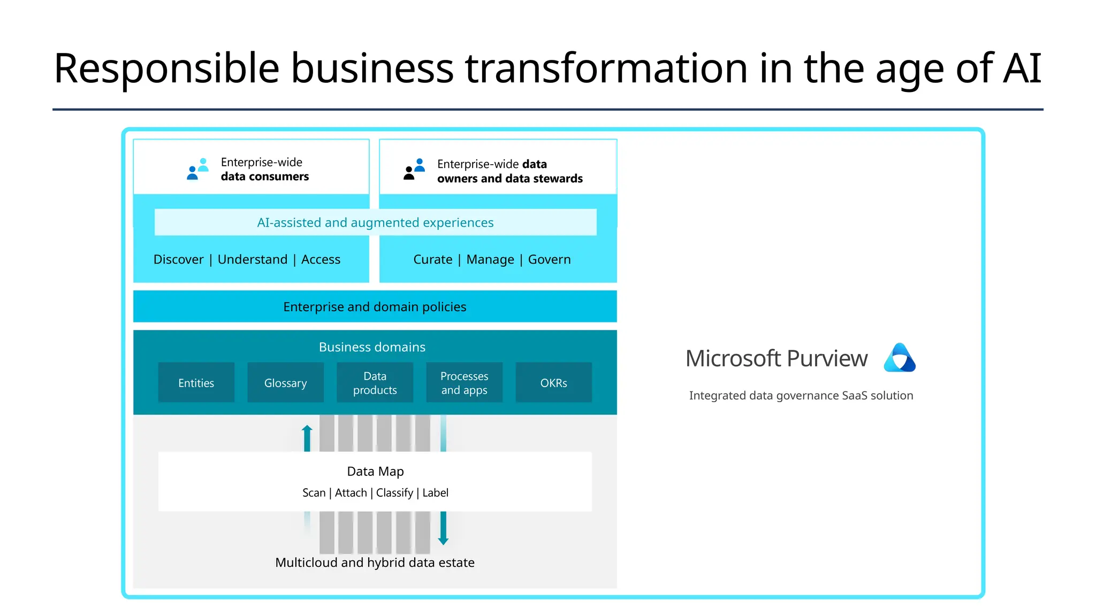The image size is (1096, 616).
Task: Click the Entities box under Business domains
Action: pos(196,383)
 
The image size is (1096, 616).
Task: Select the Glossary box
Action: pos(285,383)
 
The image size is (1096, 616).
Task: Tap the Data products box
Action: pos(375,383)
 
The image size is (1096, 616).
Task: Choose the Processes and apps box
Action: pos(464,383)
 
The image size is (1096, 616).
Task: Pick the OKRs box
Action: pos(553,383)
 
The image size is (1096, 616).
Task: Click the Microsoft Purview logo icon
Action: pos(900,358)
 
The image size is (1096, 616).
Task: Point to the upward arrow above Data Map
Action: pos(307,437)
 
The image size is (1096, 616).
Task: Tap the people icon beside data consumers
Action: pos(198,169)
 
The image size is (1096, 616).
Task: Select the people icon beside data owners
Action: pos(414,169)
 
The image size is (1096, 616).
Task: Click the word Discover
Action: pos(178,259)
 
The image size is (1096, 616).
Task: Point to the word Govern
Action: pos(549,259)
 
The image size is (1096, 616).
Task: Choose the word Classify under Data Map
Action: pos(394,492)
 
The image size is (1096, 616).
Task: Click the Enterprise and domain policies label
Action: pos(375,307)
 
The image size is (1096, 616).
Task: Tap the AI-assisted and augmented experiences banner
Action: pos(375,222)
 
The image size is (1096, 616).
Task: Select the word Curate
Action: pos(432,259)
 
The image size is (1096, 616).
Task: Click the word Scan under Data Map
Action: pos(314,492)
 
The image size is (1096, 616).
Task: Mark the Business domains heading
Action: pos(372,347)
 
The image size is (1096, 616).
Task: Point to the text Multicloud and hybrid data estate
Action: pos(375,563)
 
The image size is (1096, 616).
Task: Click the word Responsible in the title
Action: pos(166,68)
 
